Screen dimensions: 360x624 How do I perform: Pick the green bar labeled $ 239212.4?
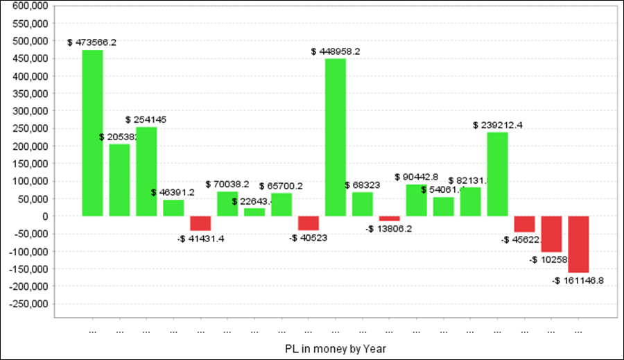point(497,174)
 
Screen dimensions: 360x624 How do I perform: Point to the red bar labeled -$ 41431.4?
point(200,223)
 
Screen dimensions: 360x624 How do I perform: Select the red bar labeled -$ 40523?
point(309,223)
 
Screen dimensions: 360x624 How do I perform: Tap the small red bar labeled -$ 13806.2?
point(390,218)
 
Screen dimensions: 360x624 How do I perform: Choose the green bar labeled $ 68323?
point(363,204)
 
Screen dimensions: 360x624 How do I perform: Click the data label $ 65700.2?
point(281,186)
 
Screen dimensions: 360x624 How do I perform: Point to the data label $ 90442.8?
point(416,177)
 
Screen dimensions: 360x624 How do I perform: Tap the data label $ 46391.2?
point(173,192)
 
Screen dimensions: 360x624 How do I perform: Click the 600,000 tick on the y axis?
point(30,6)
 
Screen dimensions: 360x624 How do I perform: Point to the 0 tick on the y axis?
point(44,216)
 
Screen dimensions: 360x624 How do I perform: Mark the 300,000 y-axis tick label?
point(30,111)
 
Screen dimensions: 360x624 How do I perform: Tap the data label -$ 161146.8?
point(578,281)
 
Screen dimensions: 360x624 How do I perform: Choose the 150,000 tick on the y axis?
point(30,164)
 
